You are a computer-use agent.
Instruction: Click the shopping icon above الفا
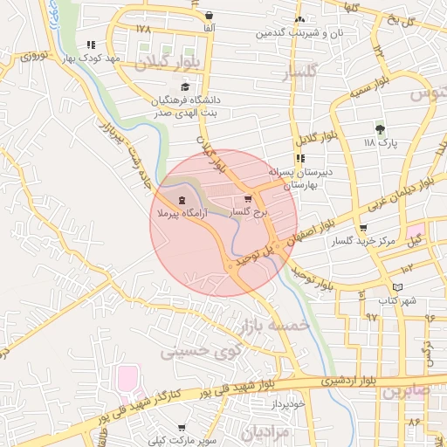point(210,16)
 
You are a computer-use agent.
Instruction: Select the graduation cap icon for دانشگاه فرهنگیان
point(184,86)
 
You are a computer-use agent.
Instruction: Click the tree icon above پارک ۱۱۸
point(380,127)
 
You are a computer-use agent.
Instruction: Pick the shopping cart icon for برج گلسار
point(258,199)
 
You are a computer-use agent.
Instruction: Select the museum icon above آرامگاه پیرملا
point(181,200)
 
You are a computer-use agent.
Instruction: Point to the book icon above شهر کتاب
point(399,287)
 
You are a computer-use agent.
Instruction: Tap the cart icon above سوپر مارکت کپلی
point(181,428)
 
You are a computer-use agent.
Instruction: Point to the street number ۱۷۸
point(143,29)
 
